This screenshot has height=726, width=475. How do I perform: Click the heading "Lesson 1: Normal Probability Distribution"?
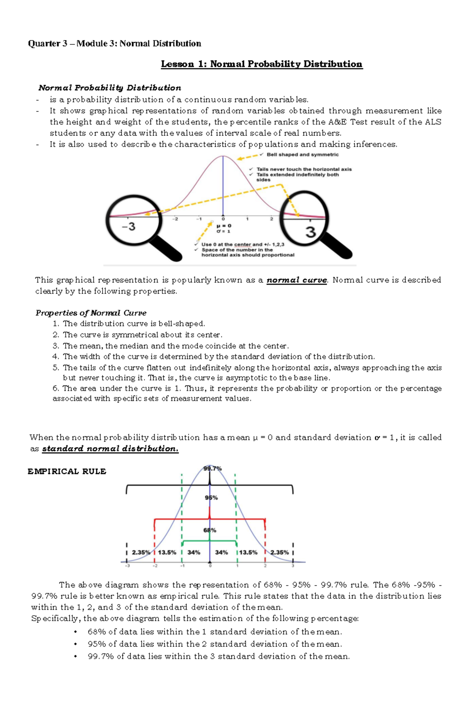pyautogui.click(x=261, y=64)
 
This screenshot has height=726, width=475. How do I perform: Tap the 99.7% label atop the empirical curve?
pyautogui.click(x=213, y=468)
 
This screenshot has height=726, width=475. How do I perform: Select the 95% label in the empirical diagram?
pyautogui.click(x=211, y=498)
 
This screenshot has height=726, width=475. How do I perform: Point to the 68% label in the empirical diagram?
pyautogui.click(x=210, y=530)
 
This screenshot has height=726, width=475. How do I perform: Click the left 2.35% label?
pyautogui.click(x=141, y=552)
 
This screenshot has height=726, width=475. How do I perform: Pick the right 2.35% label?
pyautogui.click(x=279, y=552)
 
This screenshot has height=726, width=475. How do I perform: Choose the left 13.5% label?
pyautogui.click(x=167, y=552)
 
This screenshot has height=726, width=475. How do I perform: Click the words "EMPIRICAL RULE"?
pyautogui.click(x=67, y=471)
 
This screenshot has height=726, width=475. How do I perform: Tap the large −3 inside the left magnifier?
pyautogui.click(x=129, y=227)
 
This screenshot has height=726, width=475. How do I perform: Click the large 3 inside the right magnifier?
pyautogui.click(x=311, y=231)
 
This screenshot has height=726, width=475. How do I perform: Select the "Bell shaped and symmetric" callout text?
pyautogui.click(x=302, y=155)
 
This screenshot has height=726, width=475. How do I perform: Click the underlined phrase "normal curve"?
pyautogui.click(x=297, y=280)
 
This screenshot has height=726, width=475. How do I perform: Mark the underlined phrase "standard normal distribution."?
pyautogui.click(x=110, y=449)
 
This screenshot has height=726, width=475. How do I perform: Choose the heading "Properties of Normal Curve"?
pyautogui.click(x=91, y=313)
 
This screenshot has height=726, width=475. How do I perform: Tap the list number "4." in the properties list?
pyautogui.click(x=56, y=356)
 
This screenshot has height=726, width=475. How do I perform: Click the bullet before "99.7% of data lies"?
pyautogui.click(x=76, y=657)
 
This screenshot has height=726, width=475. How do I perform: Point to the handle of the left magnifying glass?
pyautogui.click(x=167, y=248)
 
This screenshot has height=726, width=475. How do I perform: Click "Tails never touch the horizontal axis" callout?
pyautogui.click(x=304, y=169)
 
